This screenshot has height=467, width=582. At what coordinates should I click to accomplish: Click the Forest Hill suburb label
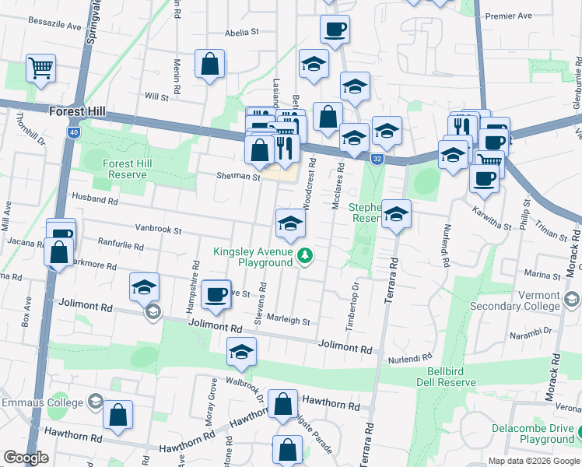point(77,111)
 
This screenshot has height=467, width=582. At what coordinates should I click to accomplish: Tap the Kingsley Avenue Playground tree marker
point(307,255)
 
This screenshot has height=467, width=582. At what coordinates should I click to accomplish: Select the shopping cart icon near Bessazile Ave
point(40,67)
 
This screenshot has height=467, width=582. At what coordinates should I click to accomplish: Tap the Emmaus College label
point(42,402)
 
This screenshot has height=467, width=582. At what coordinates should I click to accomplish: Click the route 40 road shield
point(73,132)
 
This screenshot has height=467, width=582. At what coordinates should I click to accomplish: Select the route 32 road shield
point(376,159)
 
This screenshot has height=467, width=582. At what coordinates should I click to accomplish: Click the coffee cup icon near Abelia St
point(335,30)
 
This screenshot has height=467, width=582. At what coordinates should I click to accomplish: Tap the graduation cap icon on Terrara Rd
point(396,214)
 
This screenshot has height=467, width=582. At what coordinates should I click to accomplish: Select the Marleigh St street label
point(289,321)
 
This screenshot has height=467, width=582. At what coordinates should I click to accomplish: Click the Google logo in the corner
point(26,458)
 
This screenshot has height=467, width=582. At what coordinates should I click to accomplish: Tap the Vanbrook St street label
point(158,231)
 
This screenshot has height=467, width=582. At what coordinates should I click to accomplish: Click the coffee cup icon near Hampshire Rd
point(216,293)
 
